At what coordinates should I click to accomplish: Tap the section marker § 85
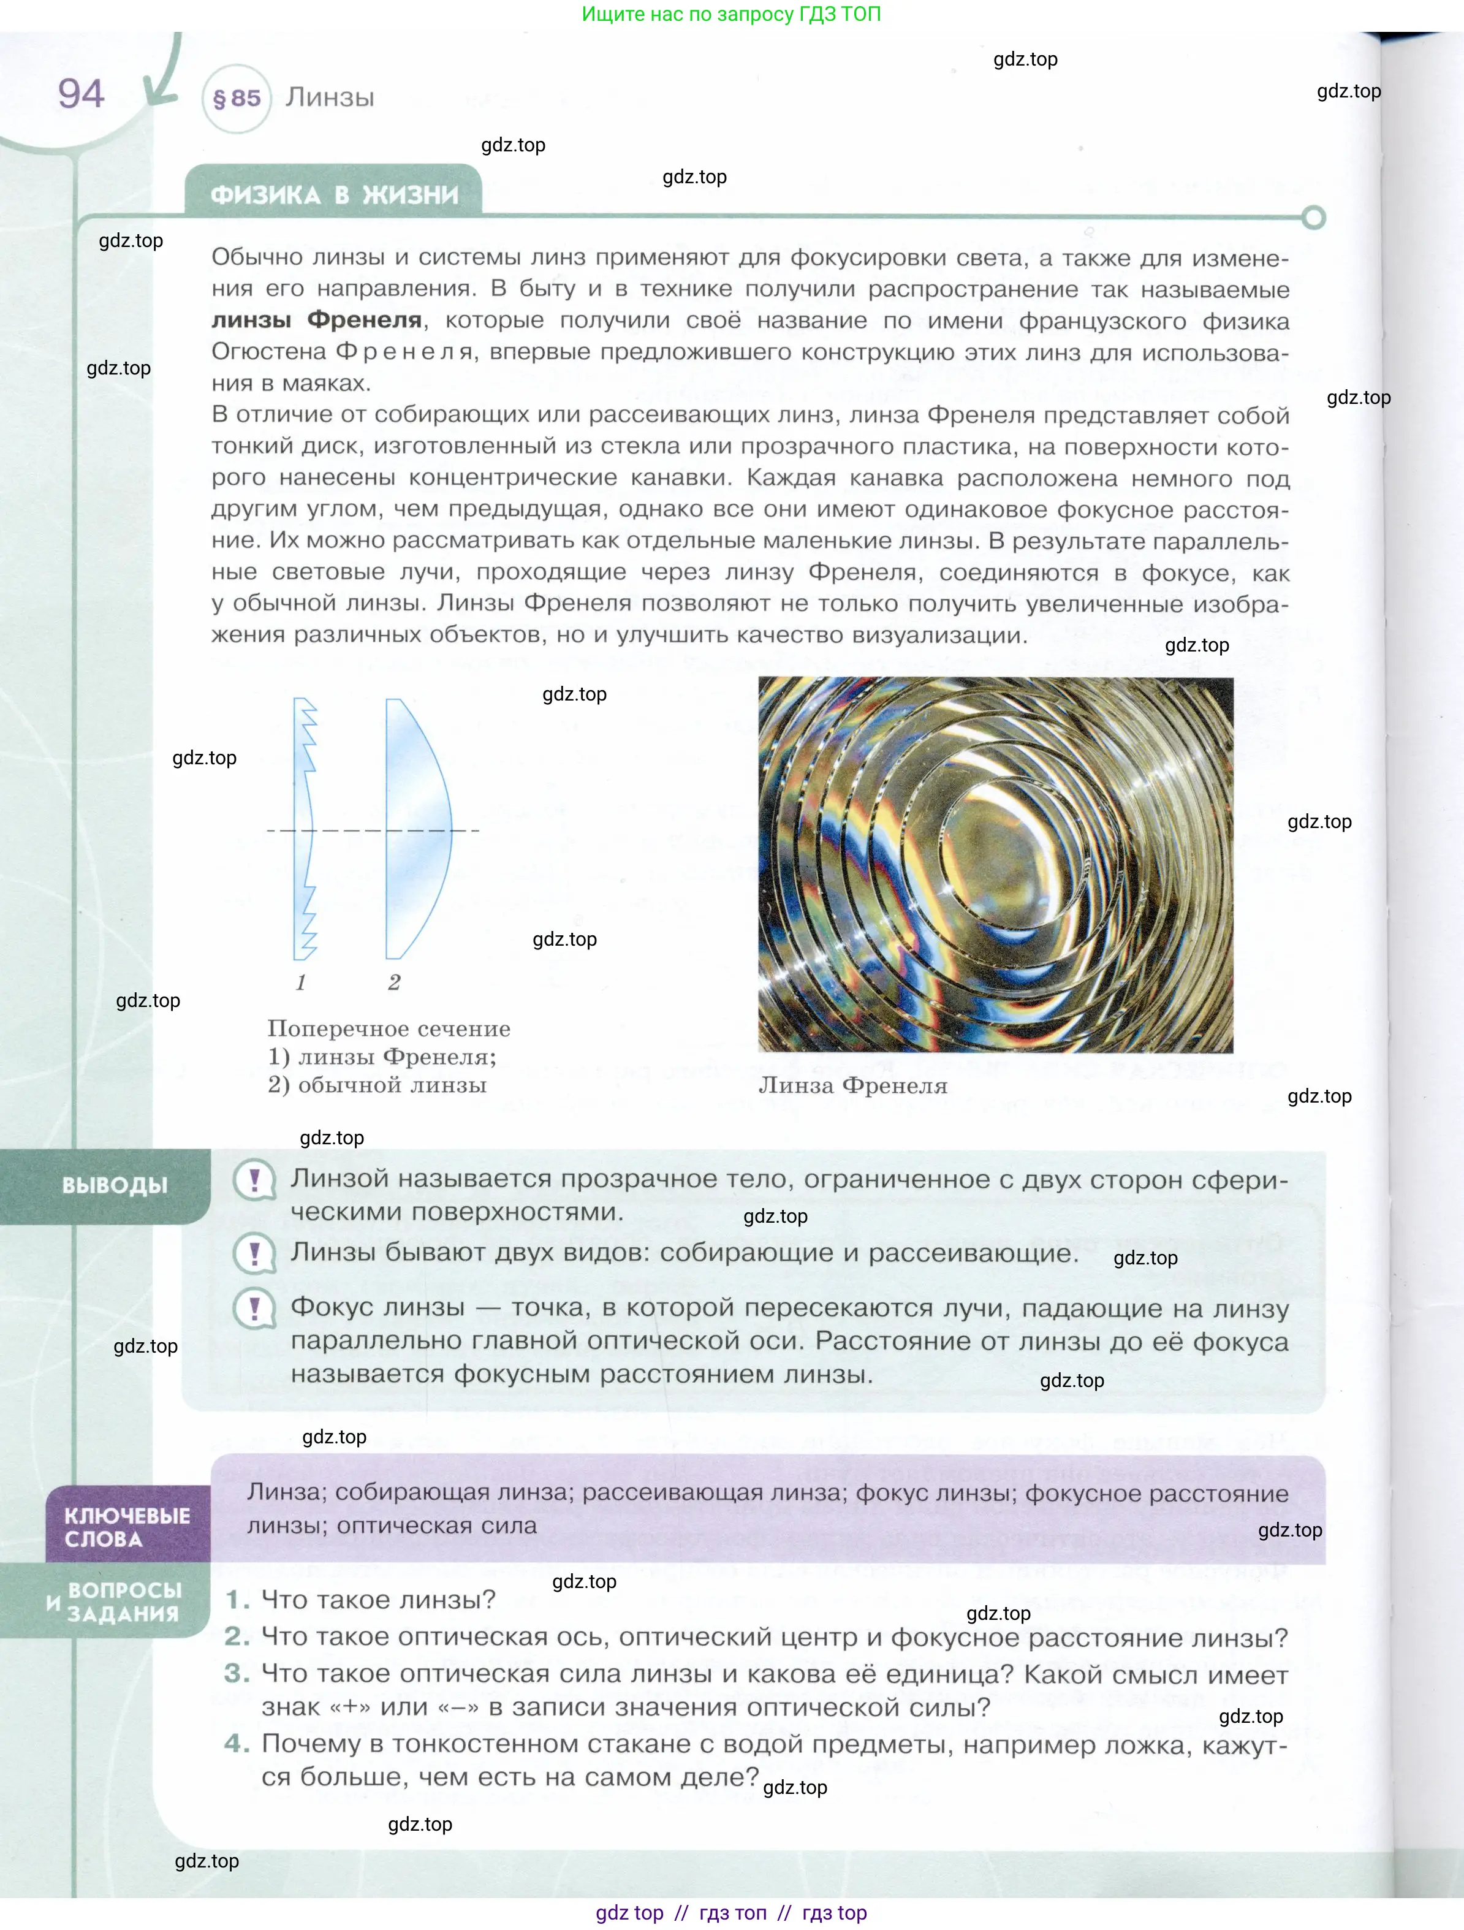coord(237,99)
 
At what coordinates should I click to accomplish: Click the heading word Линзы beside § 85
coord(330,97)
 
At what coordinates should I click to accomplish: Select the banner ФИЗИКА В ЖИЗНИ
coord(334,194)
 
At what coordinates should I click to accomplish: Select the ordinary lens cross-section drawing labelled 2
coord(417,829)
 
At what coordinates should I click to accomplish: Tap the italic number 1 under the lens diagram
coord(301,982)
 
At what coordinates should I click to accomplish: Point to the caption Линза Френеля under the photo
coord(852,1085)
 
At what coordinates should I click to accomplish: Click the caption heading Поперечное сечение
coord(389,1028)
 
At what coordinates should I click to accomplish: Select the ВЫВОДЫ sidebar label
coord(115,1185)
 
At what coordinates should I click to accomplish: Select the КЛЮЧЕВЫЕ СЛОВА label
coord(126,1527)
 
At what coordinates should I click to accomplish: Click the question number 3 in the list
coord(237,1673)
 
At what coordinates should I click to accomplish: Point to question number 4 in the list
coord(237,1743)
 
